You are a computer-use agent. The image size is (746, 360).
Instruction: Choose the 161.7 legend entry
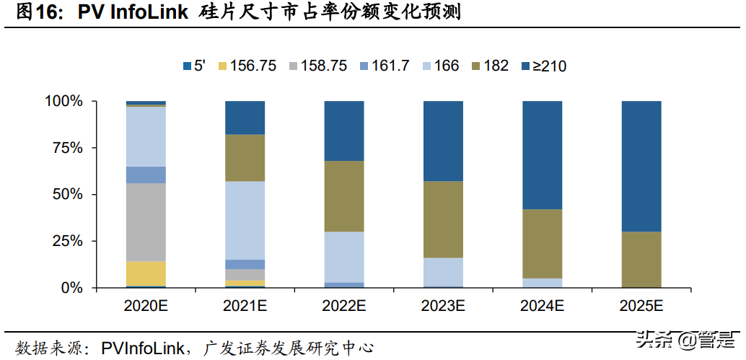point(383,66)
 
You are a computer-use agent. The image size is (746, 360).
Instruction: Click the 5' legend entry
point(195,66)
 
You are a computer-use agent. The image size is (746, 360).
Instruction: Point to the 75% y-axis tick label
point(66,148)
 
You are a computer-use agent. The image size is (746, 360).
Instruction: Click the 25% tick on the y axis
point(66,241)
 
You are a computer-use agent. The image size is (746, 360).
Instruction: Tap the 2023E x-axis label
point(443,306)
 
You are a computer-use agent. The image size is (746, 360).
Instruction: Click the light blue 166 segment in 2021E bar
point(245,220)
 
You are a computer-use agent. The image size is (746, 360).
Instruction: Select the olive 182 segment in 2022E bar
point(343,196)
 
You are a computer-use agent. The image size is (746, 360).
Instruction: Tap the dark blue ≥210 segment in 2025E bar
point(641,166)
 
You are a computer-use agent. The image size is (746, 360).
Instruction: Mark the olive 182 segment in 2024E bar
point(542,243)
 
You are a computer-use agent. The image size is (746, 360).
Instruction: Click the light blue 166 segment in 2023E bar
point(443,272)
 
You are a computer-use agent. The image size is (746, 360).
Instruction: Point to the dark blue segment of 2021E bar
point(245,118)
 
